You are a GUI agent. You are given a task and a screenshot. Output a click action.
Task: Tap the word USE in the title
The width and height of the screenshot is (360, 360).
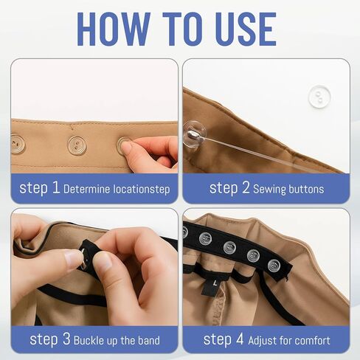240,27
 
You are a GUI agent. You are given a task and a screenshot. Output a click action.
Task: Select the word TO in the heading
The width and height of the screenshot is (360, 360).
177,27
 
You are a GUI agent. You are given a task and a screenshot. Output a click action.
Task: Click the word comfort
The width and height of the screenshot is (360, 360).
312,340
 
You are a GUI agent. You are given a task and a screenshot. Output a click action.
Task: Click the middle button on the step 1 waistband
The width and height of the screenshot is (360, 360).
77,145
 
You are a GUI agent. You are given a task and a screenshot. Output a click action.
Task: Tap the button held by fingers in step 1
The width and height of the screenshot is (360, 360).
124,145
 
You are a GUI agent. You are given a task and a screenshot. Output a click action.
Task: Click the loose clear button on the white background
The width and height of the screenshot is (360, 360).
318,97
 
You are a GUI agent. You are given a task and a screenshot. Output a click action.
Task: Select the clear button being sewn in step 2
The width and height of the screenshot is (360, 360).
193,134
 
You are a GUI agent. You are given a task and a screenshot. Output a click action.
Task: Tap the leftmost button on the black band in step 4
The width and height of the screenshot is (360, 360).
206,238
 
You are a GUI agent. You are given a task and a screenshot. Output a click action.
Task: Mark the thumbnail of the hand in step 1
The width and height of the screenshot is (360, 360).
127,148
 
